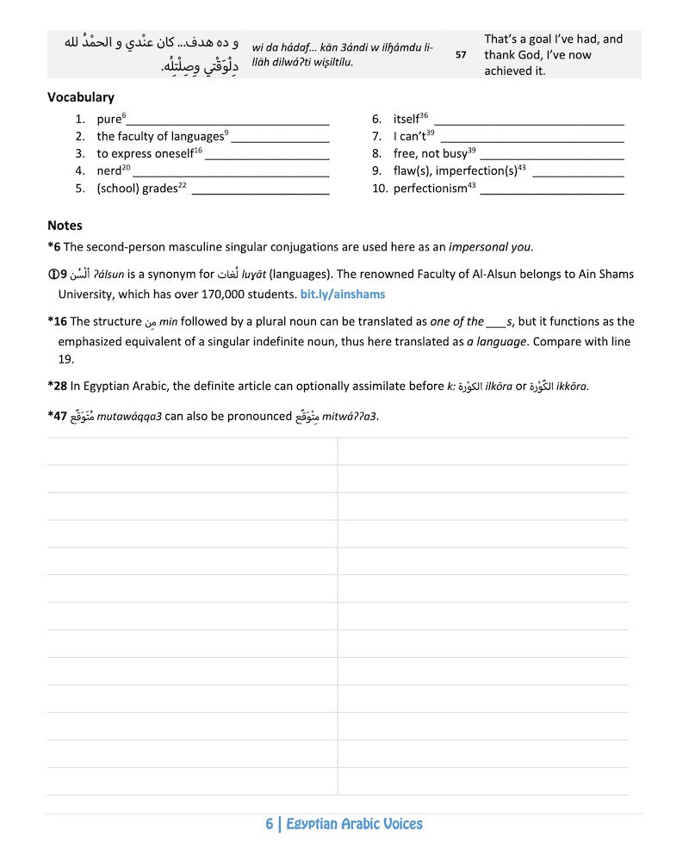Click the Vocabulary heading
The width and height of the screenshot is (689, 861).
click(x=81, y=97)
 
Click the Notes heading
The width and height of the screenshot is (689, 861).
click(x=65, y=226)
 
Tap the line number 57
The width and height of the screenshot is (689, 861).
click(x=461, y=54)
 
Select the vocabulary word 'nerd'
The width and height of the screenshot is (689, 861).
click(x=109, y=171)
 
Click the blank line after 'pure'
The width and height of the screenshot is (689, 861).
click(x=228, y=121)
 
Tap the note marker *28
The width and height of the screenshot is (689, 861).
click(x=59, y=387)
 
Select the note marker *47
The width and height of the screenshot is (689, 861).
click(x=59, y=417)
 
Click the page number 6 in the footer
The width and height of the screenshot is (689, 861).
click(x=270, y=824)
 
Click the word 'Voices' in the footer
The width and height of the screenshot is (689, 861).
click(x=398, y=824)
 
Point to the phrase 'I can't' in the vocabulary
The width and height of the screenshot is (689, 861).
click(x=409, y=137)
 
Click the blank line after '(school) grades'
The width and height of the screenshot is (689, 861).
click(x=260, y=190)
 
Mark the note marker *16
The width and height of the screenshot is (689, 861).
click(x=59, y=322)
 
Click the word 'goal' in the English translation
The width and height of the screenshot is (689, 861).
click(x=531, y=40)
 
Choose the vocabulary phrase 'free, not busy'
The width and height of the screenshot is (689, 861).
click(x=430, y=154)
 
